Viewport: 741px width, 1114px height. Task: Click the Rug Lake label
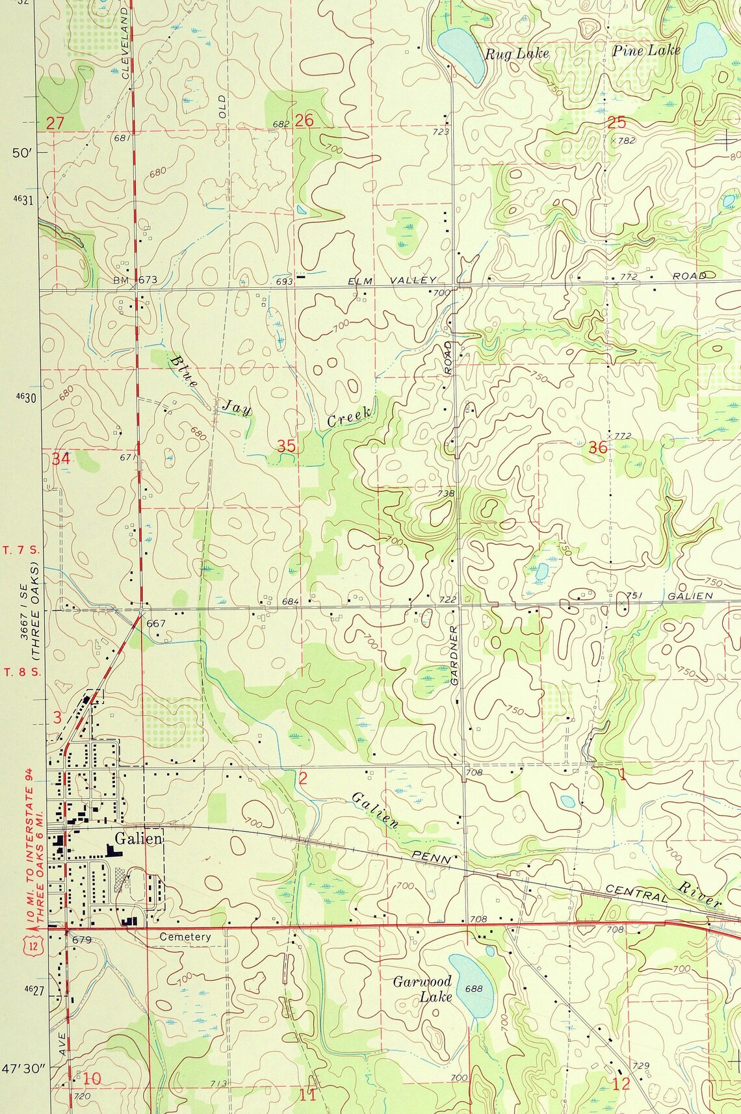point(517,53)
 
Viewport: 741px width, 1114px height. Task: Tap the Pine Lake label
point(646,50)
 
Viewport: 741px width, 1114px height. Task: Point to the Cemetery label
point(185,937)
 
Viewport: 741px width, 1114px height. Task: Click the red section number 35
point(286,446)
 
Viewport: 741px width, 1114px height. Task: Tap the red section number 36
point(597,447)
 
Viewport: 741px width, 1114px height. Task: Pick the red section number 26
point(304,120)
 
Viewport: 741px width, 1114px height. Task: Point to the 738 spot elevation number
point(446,493)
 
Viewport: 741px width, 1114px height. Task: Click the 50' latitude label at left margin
point(21,153)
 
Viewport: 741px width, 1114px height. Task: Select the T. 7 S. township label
point(21,550)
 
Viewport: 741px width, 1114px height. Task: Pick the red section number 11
point(307,1095)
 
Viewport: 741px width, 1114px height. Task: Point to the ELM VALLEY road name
point(392,280)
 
